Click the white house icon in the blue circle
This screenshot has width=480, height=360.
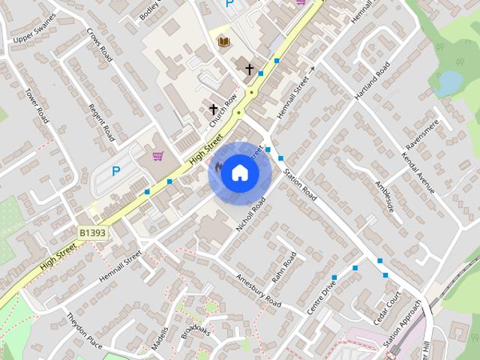click(x=239, y=172)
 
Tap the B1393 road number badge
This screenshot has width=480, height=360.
click(x=92, y=234)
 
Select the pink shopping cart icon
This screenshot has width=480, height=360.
click(x=157, y=156)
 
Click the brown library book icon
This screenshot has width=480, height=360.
click(x=223, y=42)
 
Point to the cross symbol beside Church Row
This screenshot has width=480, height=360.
click(x=214, y=109)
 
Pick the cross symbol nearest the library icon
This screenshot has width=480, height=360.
click(x=249, y=69)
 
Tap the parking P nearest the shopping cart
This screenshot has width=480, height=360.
click(x=115, y=171)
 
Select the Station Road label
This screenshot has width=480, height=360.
click(x=299, y=184)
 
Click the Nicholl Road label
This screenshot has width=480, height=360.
click(x=251, y=214)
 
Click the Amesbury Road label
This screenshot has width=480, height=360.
click(x=257, y=291)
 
